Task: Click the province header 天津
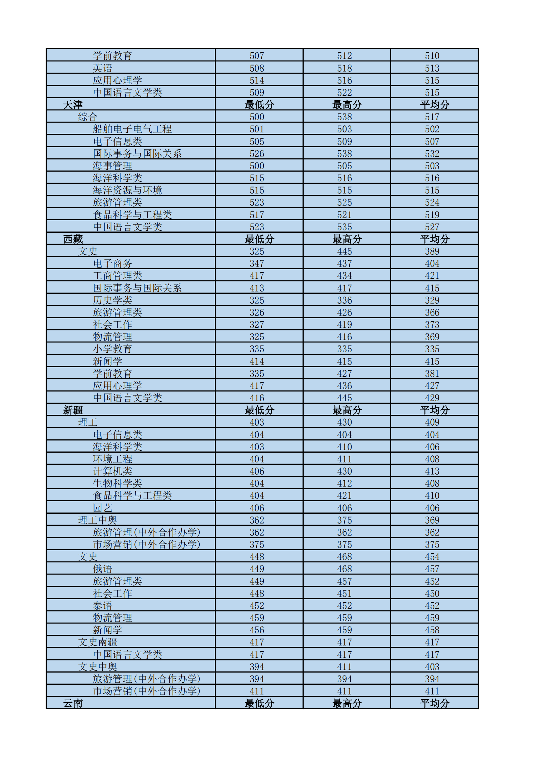[73, 105]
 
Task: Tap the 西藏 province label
[73, 239]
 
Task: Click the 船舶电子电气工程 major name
[132, 129]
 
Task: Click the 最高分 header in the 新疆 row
[347, 410]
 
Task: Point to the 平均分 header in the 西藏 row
[434, 239]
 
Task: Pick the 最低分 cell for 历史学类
[257, 300]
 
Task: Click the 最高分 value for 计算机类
[344, 471]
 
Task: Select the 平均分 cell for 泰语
[432, 606]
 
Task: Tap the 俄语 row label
[102, 569]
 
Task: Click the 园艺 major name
[102, 508]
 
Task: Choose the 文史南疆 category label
[97, 642]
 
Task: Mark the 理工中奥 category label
[97, 520]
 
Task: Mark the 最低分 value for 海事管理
[257, 166]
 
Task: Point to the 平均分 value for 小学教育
[432, 349]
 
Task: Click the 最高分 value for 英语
[344, 68]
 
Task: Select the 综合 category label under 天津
[87, 117]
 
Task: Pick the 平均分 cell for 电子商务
[432, 263]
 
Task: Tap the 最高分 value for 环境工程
[344, 459]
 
